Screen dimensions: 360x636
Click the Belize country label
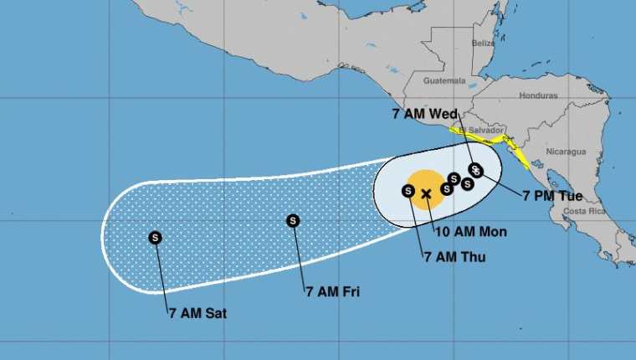(483, 43)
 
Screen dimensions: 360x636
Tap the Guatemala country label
(444, 81)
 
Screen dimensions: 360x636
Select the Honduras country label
(538, 95)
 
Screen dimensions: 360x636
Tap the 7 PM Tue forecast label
(552, 196)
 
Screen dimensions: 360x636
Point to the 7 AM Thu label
(455, 257)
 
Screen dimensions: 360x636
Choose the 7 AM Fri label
(333, 291)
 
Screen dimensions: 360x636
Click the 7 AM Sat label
(197, 315)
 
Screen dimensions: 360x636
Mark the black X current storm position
(426, 194)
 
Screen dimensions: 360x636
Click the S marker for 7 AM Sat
(155, 237)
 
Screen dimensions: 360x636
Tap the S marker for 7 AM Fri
(292, 221)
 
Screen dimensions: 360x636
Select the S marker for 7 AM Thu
(408, 191)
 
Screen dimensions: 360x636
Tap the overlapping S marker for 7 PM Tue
(477, 172)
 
